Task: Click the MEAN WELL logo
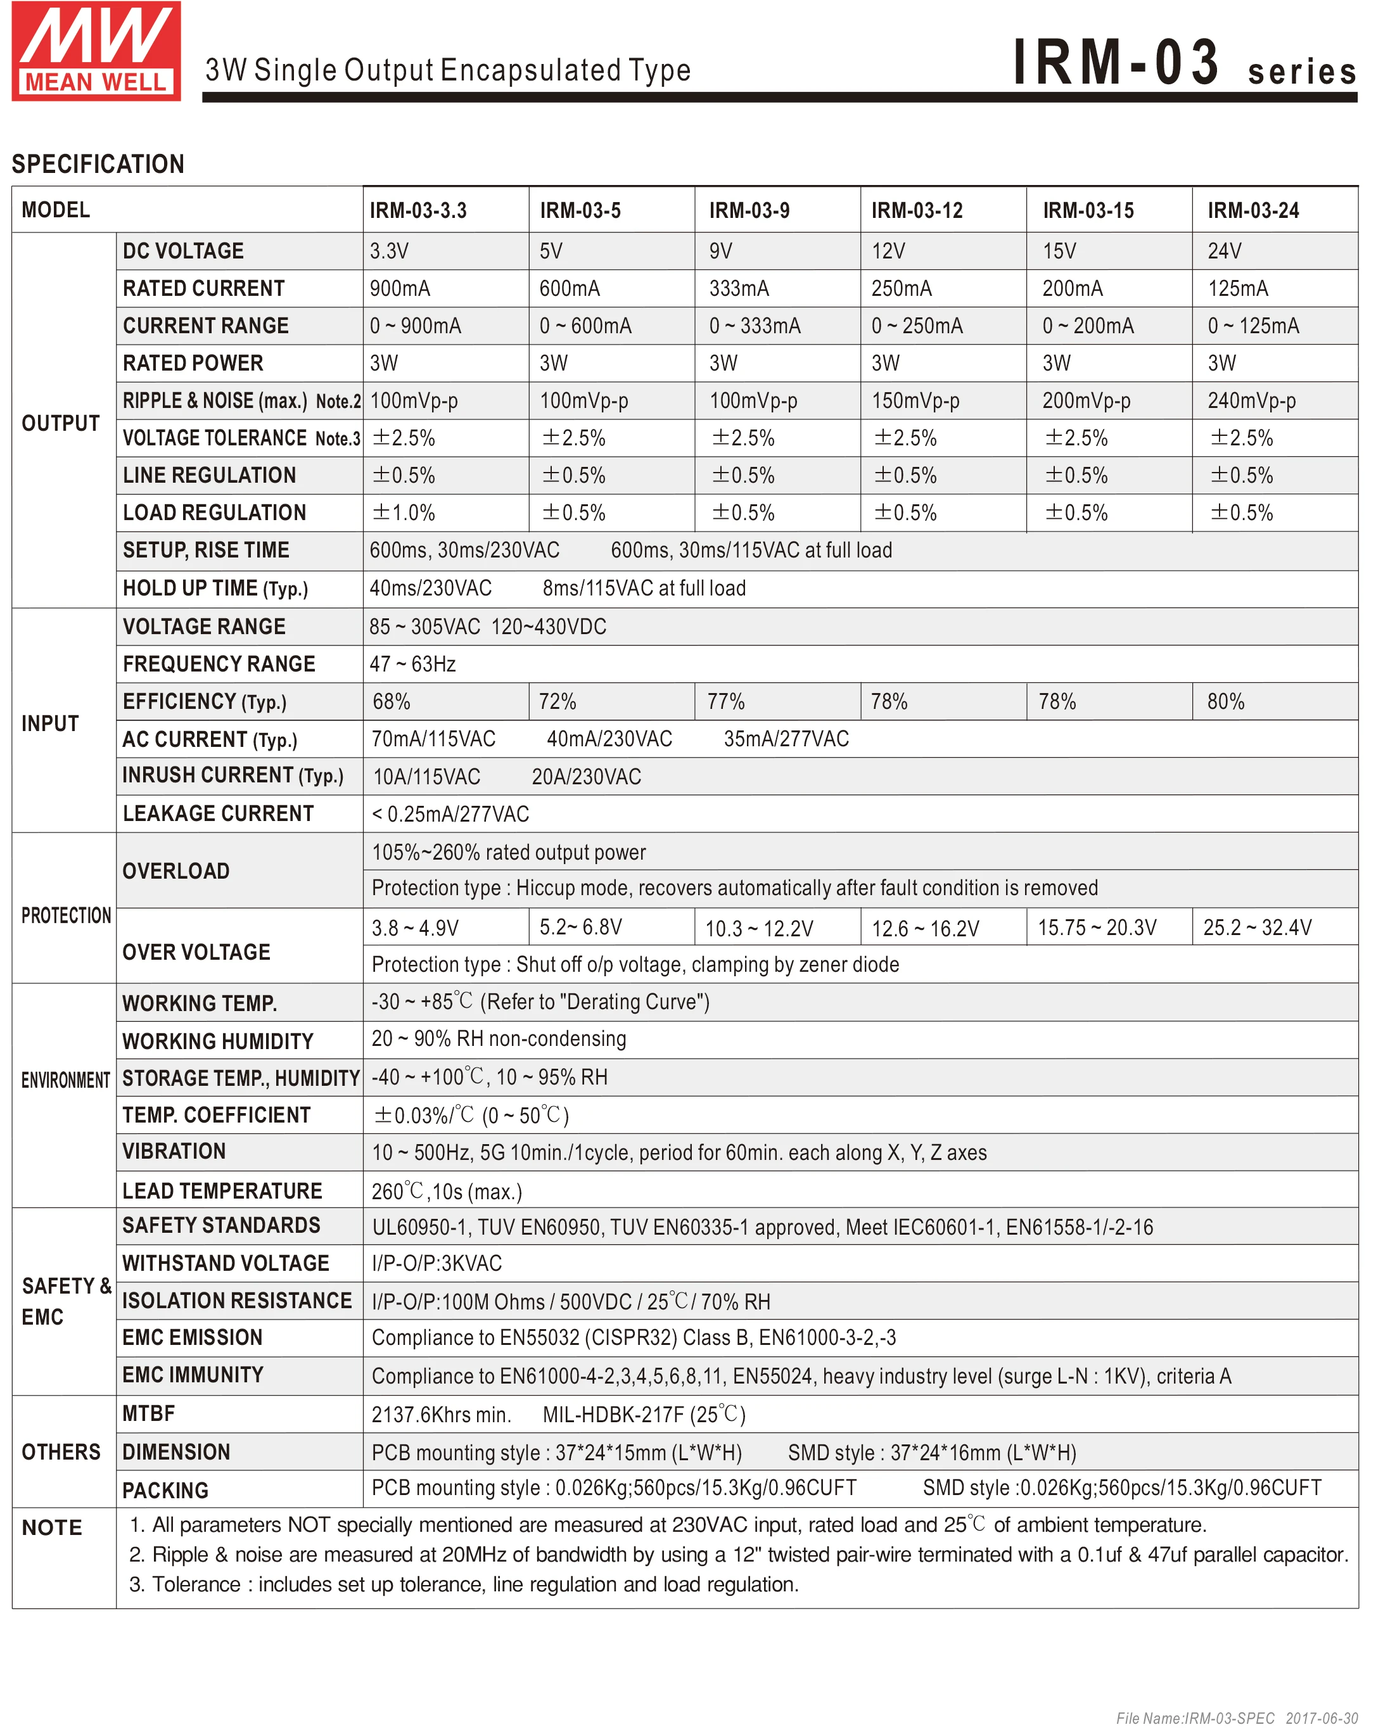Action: (96, 51)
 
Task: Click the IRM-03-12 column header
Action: (917, 210)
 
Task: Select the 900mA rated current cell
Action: (400, 288)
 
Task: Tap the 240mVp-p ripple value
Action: (1251, 401)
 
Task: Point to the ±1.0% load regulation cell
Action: (404, 513)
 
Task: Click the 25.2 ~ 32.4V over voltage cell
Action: (1257, 928)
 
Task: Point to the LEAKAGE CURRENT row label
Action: (218, 814)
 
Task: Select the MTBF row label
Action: (149, 1414)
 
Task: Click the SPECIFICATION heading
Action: (98, 164)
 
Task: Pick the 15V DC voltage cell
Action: (1059, 252)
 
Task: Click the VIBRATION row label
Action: (174, 1152)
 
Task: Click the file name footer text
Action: (1237, 1718)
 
